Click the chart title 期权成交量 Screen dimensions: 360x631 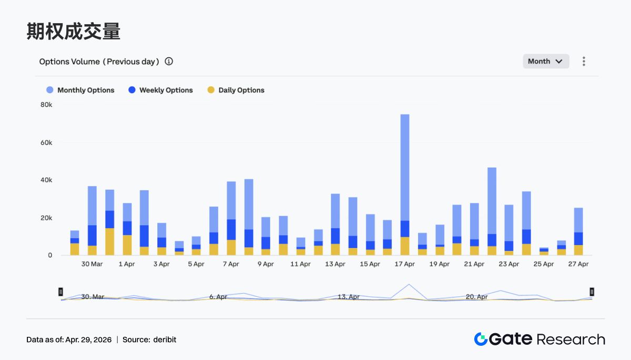coord(73,32)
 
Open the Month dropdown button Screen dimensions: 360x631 coord(545,61)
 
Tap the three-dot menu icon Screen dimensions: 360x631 coord(584,61)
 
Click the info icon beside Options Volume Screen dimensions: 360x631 coord(169,61)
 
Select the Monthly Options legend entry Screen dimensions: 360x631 coord(80,90)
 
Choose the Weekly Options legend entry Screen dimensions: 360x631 coord(160,90)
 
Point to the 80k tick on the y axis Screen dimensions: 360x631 coord(46,105)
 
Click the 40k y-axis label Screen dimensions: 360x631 coord(46,180)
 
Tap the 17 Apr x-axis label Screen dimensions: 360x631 coord(404,264)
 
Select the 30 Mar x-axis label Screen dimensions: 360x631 coord(92,264)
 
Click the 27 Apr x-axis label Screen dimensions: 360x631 coord(578,264)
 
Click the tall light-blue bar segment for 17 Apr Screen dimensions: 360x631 coord(405,167)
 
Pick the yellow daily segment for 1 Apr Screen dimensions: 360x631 coord(127,245)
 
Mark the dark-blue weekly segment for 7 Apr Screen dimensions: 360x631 coord(231,230)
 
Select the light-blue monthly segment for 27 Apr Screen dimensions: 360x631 coord(578,220)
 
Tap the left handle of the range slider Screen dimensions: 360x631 coord(61,292)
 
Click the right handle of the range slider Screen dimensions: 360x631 coord(592,292)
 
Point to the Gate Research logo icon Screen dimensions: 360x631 coord(481,340)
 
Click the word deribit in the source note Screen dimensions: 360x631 coord(165,340)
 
